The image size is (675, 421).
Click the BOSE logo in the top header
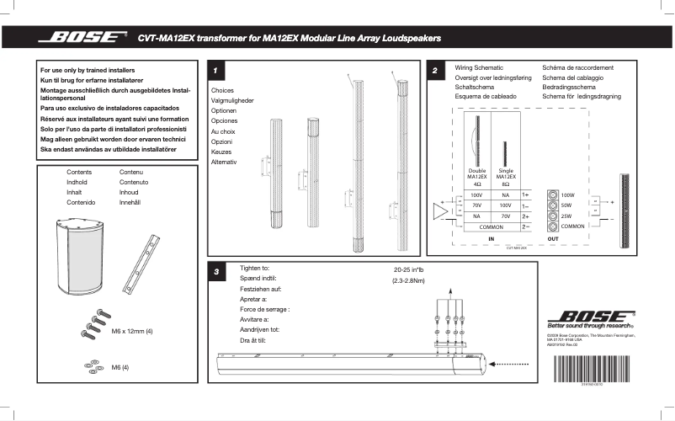click(83, 38)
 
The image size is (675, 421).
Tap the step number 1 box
click(216, 71)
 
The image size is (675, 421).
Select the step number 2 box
click(434, 71)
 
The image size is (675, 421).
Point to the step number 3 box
click(216, 272)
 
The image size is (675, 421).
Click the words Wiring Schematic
click(479, 67)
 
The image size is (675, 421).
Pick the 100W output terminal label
click(566, 195)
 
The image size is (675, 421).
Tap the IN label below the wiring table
click(492, 239)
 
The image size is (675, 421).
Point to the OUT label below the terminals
click(553, 239)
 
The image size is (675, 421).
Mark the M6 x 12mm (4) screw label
click(132, 332)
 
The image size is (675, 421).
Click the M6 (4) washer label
click(121, 367)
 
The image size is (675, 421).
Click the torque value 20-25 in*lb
click(409, 269)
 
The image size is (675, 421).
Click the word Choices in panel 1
click(222, 89)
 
